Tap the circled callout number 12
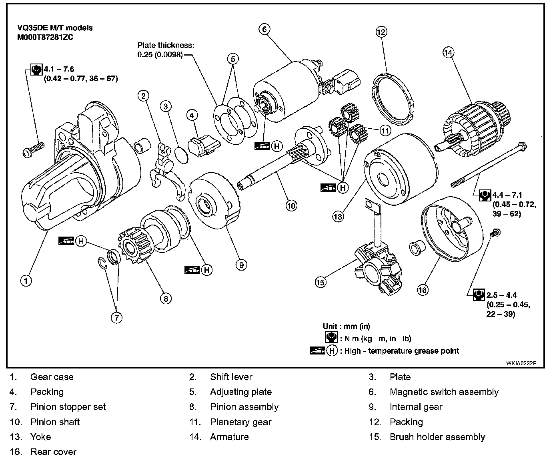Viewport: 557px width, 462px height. click(381, 32)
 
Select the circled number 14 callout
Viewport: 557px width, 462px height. click(449, 52)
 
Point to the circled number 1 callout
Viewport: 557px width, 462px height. click(26, 281)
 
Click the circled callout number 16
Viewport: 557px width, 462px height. click(423, 289)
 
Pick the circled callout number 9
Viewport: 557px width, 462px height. click(241, 264)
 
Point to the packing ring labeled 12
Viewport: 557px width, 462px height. click(392, 96)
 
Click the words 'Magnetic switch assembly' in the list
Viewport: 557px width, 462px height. click(444, 392)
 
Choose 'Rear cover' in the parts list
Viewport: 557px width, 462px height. click(53, 452)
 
